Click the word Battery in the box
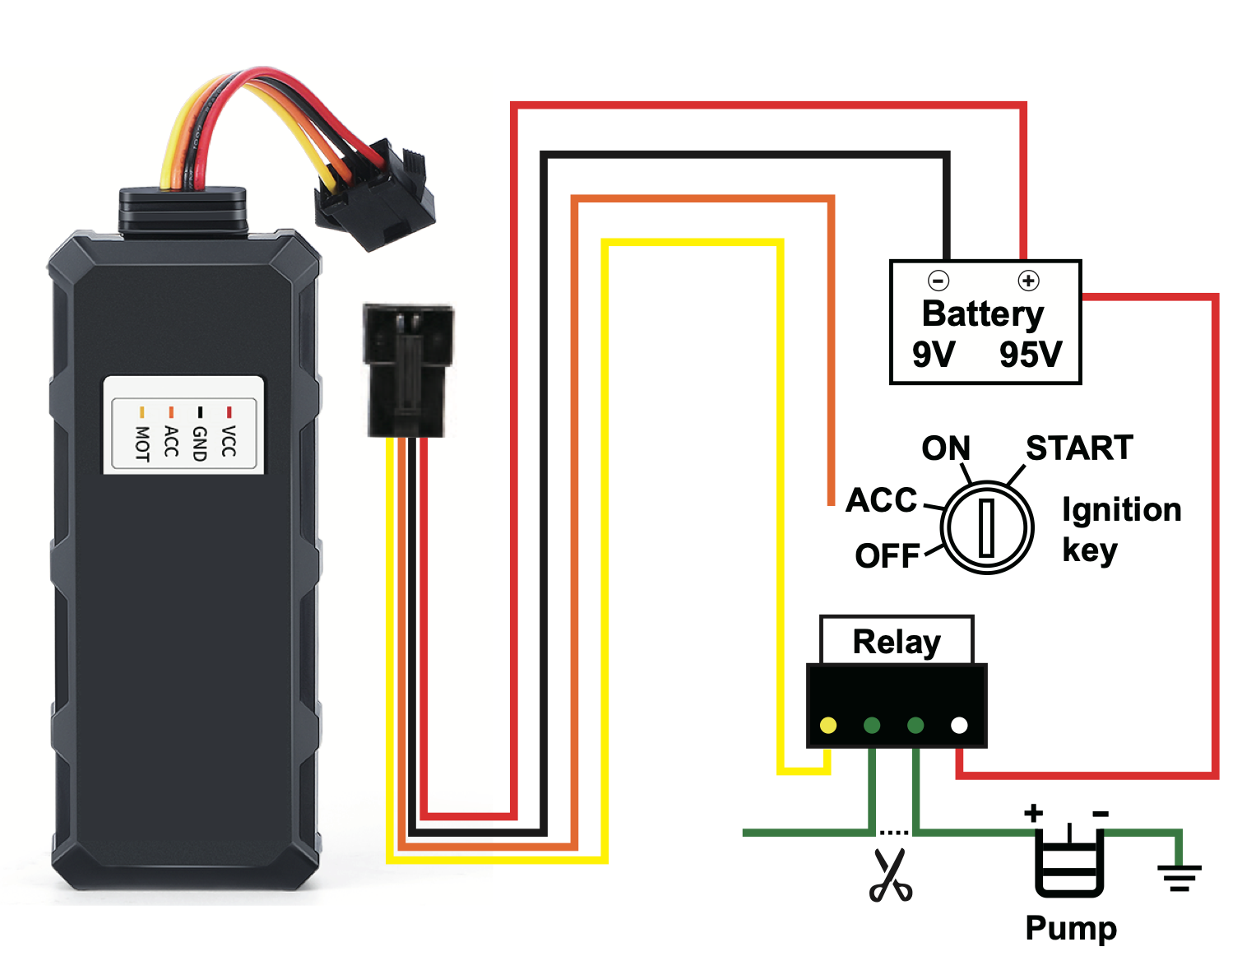983,314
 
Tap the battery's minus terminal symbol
938,281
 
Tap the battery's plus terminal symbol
1028,281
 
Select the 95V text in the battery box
1031,355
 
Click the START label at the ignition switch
1079,448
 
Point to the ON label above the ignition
946,448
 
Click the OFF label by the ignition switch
887,556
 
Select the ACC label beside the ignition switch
881,500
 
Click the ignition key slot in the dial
987,527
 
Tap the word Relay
897,642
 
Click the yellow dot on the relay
828,725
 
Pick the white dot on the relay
959,725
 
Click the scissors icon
890,875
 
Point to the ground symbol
1179,877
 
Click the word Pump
1071,928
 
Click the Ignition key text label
1121,529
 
